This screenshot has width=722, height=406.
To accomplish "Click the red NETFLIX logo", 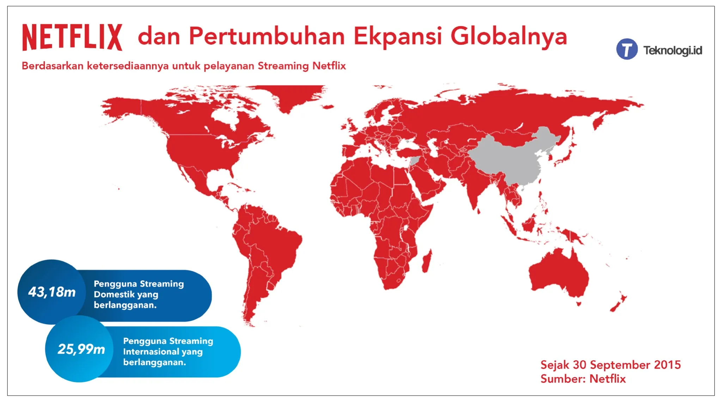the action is [72, 37].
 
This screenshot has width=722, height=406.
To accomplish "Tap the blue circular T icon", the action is [627, 49].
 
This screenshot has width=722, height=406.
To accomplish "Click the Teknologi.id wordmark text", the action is [673, 50].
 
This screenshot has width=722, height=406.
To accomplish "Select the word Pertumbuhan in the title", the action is [267, 37].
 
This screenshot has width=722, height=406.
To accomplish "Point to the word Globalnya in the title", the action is [509, 37].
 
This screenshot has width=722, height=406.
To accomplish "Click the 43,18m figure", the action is [52, 292].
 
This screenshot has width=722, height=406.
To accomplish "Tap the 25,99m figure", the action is [81, 349].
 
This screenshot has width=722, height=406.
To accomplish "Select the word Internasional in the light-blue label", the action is [151, 351].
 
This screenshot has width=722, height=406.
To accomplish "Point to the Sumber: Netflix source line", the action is [583, 379].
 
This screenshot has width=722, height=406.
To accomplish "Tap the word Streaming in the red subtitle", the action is [283, 66].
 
